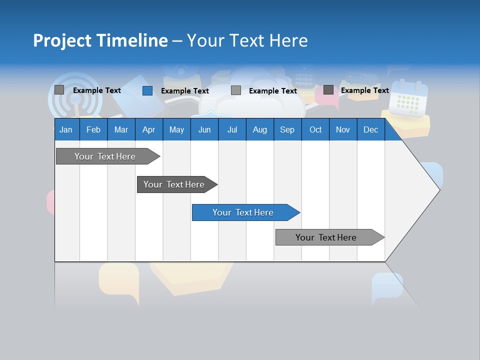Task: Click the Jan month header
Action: [66, 129]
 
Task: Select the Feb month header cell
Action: [93, 129]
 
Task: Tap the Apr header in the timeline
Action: [148, 129]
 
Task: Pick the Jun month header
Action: [204, 129]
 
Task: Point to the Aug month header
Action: [259, 129]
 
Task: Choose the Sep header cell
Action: [287, 129]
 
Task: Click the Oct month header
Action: [315, 129]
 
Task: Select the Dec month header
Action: [370, 129]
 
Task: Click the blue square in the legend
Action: [147, 90]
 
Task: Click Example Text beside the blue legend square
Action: [184, 91]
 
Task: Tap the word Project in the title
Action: [62, 40]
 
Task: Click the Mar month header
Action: [121, 129]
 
